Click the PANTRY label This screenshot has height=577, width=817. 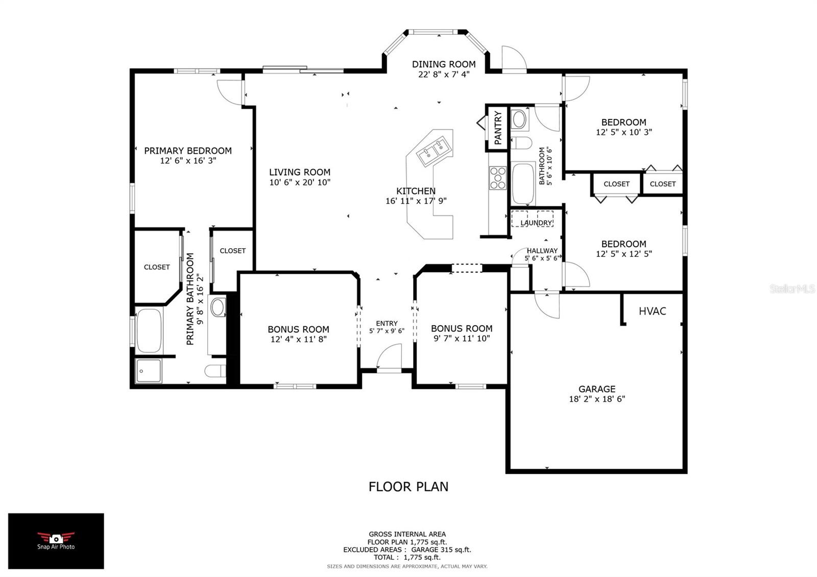click(x=498, y=128)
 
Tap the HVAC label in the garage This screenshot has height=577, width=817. click(x=652, y=311)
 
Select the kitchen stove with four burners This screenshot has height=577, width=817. click(x=497, y=178)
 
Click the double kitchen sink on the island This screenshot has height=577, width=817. click(x=434, y=151)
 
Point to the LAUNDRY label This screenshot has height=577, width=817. click(x=536, y=223)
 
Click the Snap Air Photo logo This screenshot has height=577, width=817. click(x=56, y=541)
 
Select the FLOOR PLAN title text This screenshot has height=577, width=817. click(x=408, y=487)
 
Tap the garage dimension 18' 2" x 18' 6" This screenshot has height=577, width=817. click(x=597, y=399)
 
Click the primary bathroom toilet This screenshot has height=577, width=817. click(x=215, y=371)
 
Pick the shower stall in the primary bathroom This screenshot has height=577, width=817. click(x=149, y=371)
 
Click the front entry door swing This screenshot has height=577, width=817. click(x=389, y=357)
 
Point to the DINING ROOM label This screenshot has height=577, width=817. click(x=444, y=64)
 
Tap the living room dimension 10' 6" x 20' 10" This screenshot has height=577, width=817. click(x=300, y=182)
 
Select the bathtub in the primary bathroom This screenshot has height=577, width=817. click(x=149, y=330)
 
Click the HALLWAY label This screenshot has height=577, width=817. click(x=542, y=251)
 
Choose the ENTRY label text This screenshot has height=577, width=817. click(x=387, y=324)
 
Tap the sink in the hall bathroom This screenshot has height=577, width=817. click(x=519, y=119)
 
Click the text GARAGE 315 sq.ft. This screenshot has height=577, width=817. click(x=441, y=549)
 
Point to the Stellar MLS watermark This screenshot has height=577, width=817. click(x=792, y=289)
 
